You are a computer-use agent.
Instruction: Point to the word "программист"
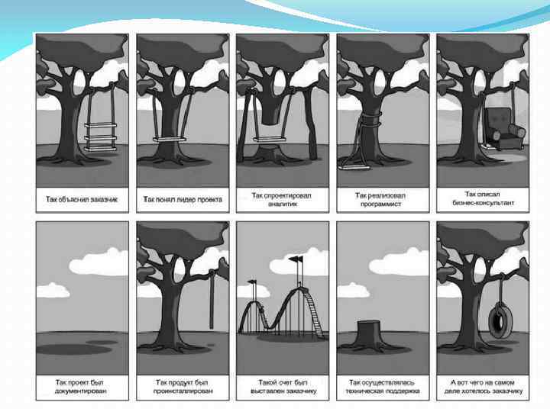click(x=380, y=204)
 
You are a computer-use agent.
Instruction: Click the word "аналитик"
click(x=282, y=204)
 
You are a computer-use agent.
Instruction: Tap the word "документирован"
click(x=81, y=391)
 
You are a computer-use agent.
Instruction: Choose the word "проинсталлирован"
click(x=181, y=391)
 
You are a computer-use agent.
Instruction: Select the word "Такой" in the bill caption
click(x=269, y=381)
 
